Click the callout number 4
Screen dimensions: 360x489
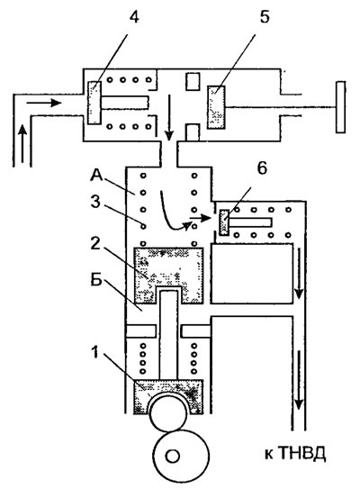click(x=134, y=18)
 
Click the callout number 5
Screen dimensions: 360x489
click(x=265, y=17)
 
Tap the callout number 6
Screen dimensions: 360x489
click(x=262, y=168)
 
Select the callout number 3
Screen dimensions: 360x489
click(x=95, y=202)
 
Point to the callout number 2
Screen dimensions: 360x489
click(x=95, y=243)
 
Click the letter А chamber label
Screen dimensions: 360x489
click(x=96, y=176)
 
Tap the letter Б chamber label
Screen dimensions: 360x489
click(x=96, y=280)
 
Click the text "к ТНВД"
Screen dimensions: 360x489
click(x=295, y=454)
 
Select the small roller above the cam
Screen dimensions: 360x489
click(x=168, y=412)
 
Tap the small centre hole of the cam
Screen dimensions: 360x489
click(x=173, y=457)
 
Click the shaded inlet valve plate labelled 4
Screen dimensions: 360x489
click(x=94, y=103)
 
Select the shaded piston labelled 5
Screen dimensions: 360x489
click(x=216, y=107)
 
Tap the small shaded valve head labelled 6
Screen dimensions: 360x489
click(x=224, y=222)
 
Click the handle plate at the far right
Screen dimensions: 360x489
click(x=340, y=107)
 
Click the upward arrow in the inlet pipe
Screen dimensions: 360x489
click(x=22, y=143)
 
